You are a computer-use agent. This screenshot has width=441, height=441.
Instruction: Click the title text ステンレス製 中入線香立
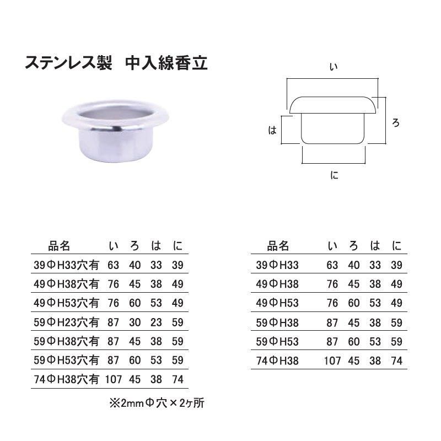tap(116, 63)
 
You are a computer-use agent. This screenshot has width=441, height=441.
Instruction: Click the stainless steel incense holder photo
tap(115, 131)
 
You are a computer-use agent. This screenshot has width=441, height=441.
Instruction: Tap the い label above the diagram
tap(334, 67)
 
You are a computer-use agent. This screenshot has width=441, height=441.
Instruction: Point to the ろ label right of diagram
tap(396, 123)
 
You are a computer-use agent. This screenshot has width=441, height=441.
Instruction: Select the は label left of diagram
tap(272, 130)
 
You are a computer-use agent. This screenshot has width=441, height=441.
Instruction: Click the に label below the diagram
tap(334, 175)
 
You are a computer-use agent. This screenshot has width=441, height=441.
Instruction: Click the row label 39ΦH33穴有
tap(66, 265)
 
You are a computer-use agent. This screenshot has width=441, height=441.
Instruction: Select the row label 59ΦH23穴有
tap(66, 322)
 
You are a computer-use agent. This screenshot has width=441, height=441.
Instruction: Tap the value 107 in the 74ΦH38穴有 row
tap(114, 380)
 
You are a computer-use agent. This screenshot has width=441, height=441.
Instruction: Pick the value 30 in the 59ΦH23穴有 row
tap(135, 322)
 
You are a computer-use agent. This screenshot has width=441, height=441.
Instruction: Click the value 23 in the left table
tap(156, 322)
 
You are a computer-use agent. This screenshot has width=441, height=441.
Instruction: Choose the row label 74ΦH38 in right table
tap(277, 361)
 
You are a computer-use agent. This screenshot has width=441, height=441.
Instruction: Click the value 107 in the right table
tap(332, 361)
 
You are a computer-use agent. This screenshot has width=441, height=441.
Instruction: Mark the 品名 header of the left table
tap(59, 246)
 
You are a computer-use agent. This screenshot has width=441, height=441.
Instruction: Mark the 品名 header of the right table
tap(278, 246)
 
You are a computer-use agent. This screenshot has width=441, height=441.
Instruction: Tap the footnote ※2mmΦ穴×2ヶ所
tap(157, 403)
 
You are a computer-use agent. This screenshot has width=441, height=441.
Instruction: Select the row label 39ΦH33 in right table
tap(277, 265)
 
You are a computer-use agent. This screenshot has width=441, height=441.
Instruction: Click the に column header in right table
tap(396, 246)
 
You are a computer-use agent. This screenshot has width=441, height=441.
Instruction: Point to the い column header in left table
tap(114, 246)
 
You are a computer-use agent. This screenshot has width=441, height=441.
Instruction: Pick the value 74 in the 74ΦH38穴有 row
tap(178, 380)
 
